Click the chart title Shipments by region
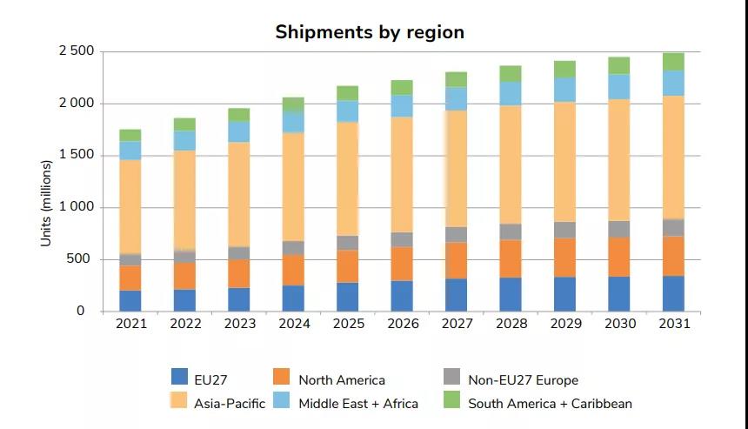tap(370, 32)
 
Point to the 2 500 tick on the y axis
tap(77, 51)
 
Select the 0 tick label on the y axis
tap(81, 311)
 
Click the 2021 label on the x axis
tap(130, 324)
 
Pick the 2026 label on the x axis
tap(402, 324)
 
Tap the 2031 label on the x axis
tap(673, 324)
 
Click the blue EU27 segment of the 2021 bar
tap(130, 300)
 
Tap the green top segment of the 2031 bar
tap(673, 61)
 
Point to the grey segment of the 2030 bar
tap(619, 229)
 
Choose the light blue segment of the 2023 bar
tap(239, 131)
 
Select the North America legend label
tap(341, 379)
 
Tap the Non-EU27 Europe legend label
tap(523, 379)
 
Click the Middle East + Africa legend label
tap(357, 403)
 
